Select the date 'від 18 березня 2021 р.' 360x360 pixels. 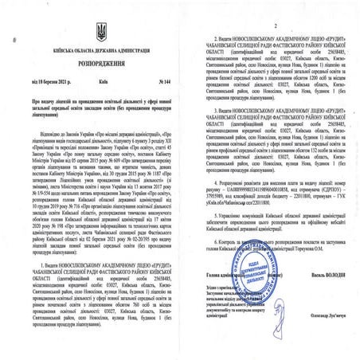(x=34, y=80)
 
